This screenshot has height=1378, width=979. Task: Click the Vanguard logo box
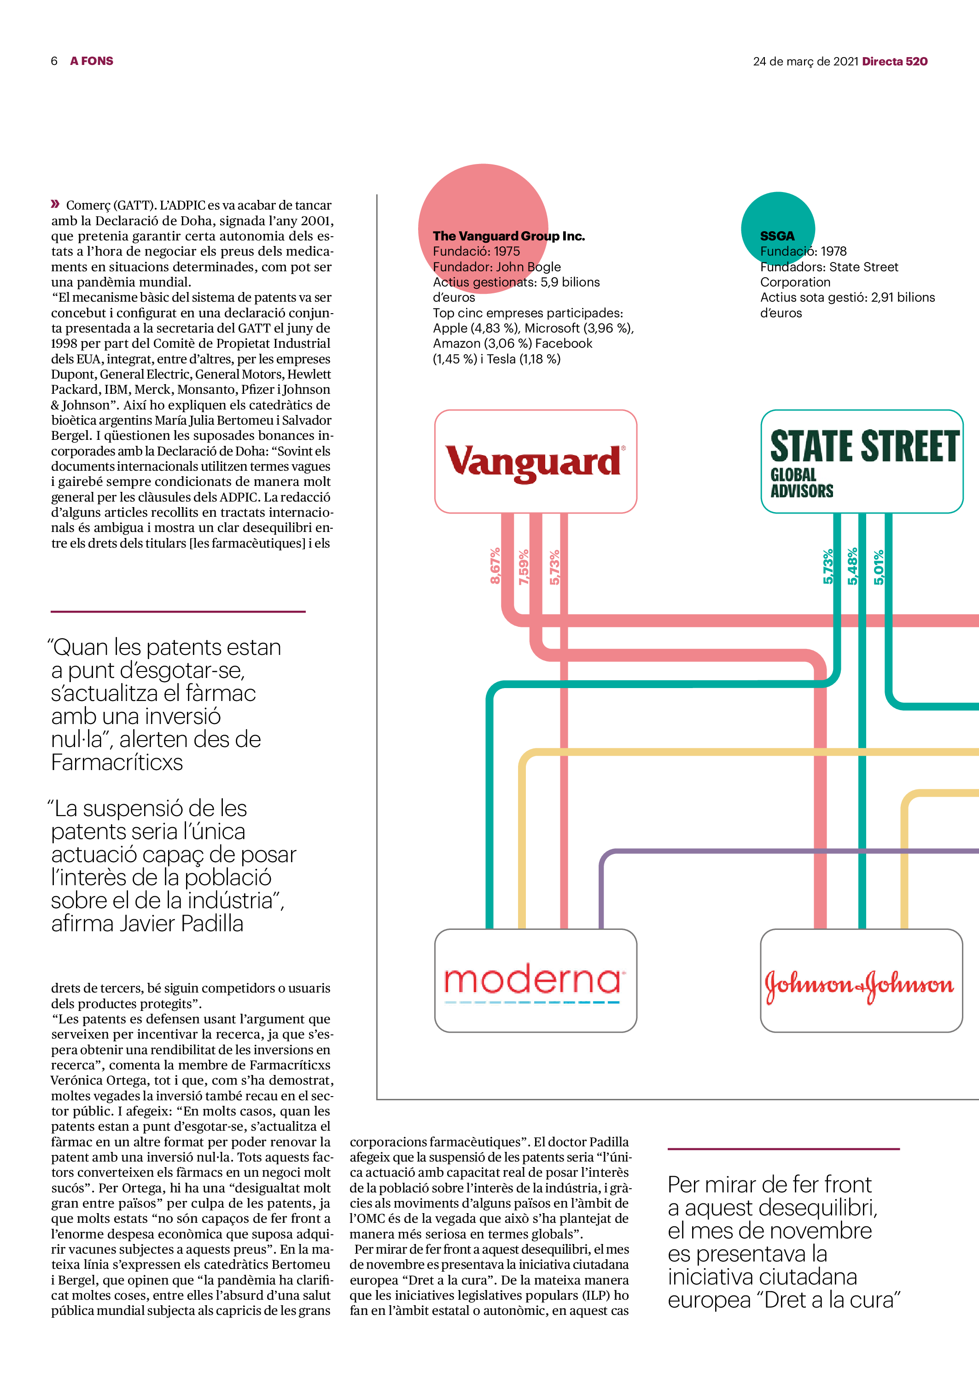535,461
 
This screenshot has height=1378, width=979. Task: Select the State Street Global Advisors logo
862,461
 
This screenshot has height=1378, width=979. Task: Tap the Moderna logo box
535,981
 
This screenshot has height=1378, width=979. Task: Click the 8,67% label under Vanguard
495,566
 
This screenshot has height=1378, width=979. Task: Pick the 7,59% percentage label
523,566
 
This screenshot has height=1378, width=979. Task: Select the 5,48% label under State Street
852,566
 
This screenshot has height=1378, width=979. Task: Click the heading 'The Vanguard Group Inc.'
508,236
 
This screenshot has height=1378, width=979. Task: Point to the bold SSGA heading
776,236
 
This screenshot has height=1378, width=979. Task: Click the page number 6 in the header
54,61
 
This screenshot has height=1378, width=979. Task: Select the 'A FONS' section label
92,61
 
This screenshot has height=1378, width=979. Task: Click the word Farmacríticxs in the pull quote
117,763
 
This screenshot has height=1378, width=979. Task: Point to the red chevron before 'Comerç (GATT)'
55,204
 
